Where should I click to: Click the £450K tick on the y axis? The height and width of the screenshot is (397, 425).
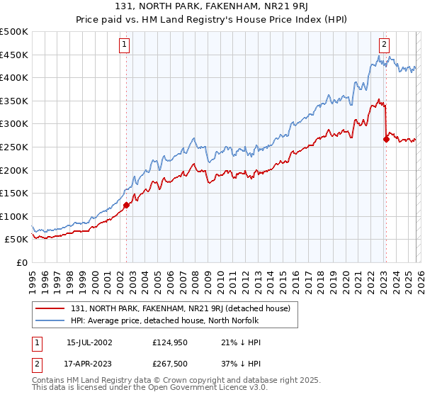14,55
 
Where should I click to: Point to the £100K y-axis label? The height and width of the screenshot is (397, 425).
14,216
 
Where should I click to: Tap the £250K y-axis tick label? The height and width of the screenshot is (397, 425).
14,147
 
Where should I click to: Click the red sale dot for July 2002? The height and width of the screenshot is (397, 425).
126,205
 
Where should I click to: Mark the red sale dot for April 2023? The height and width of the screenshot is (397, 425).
386,139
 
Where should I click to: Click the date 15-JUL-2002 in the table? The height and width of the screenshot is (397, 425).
89,342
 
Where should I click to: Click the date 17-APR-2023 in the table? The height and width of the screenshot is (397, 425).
89,364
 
